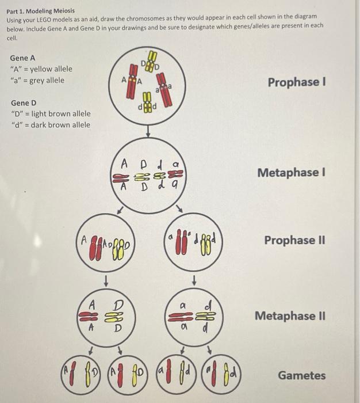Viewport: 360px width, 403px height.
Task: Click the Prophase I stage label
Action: [x=296, y=82]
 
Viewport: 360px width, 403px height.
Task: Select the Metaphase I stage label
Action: [x=291, y=172]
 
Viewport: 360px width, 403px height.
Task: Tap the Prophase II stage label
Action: [x=294, y=239]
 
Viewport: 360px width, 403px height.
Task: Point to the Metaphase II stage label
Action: [x=293, y=315]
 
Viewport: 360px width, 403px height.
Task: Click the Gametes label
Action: [x=301, y=375]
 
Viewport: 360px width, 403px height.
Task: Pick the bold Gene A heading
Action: [x=22, y=58]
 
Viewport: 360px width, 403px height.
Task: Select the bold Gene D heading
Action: [x=23, y=103]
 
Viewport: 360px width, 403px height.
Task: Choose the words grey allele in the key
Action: [x=48, y=80]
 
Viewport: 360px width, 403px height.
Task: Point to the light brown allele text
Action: [x=60, y=114]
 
